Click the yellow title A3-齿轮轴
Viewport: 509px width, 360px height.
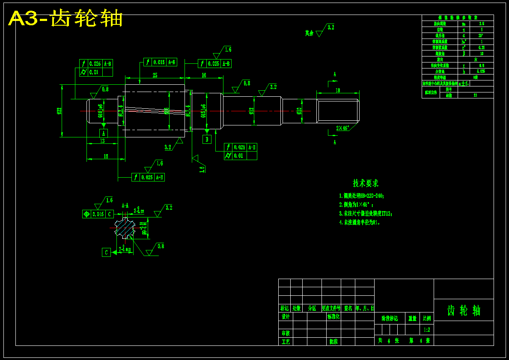coord(65,19)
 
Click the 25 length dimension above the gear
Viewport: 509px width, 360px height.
coord(155,75)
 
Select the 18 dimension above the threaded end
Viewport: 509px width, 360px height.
coord(338,90)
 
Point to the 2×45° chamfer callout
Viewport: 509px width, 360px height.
coord(342,128)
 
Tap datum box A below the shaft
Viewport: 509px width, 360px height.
coord(104,133)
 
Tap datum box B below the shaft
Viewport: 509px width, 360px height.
coord(207,139)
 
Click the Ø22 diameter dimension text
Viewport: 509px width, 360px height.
coord(60,111)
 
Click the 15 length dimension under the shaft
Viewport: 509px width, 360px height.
coord(106,156)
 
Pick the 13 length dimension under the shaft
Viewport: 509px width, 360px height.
coord(102,141)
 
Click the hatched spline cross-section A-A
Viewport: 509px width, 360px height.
coord(125,228)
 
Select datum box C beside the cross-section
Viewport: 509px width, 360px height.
coord(106,253)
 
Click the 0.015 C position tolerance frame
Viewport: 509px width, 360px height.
coord(98,214)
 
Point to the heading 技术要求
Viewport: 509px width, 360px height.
coord(366,183)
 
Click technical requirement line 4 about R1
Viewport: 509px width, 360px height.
coord(360,223)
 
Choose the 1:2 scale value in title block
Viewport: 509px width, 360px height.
coord(427,330)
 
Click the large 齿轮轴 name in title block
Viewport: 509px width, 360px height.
coord(464,310)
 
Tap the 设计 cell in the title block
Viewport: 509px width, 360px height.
coord(286,317)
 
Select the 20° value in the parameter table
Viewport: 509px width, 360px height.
coord(481,36)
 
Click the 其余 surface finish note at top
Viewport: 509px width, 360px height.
coord(309,33)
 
